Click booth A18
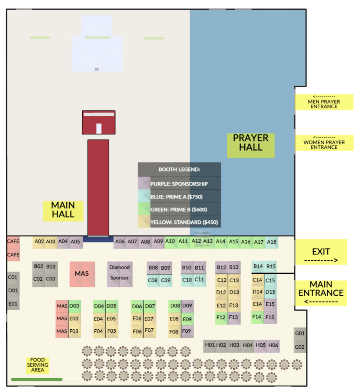(x=272, y=242)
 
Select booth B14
(x=258, y=266)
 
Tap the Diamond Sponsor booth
(x=119, y=273)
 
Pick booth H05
(x=261, y=345)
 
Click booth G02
(x=300, y=347)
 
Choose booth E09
(x=187, y=319)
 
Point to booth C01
(x=13, y=277)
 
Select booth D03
(x=75, y=306)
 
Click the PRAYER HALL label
(x=251, y=143)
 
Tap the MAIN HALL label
(x=63, y=210)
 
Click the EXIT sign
(x=321, y=252)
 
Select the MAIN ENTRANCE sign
(x=321, y=293)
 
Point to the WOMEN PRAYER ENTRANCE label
(x=324, y=143)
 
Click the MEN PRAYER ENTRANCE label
(x=324, y=102)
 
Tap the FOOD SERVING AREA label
(x=37, y=365)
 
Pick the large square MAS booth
(x=82, y=274)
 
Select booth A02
(x=39, y=241)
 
